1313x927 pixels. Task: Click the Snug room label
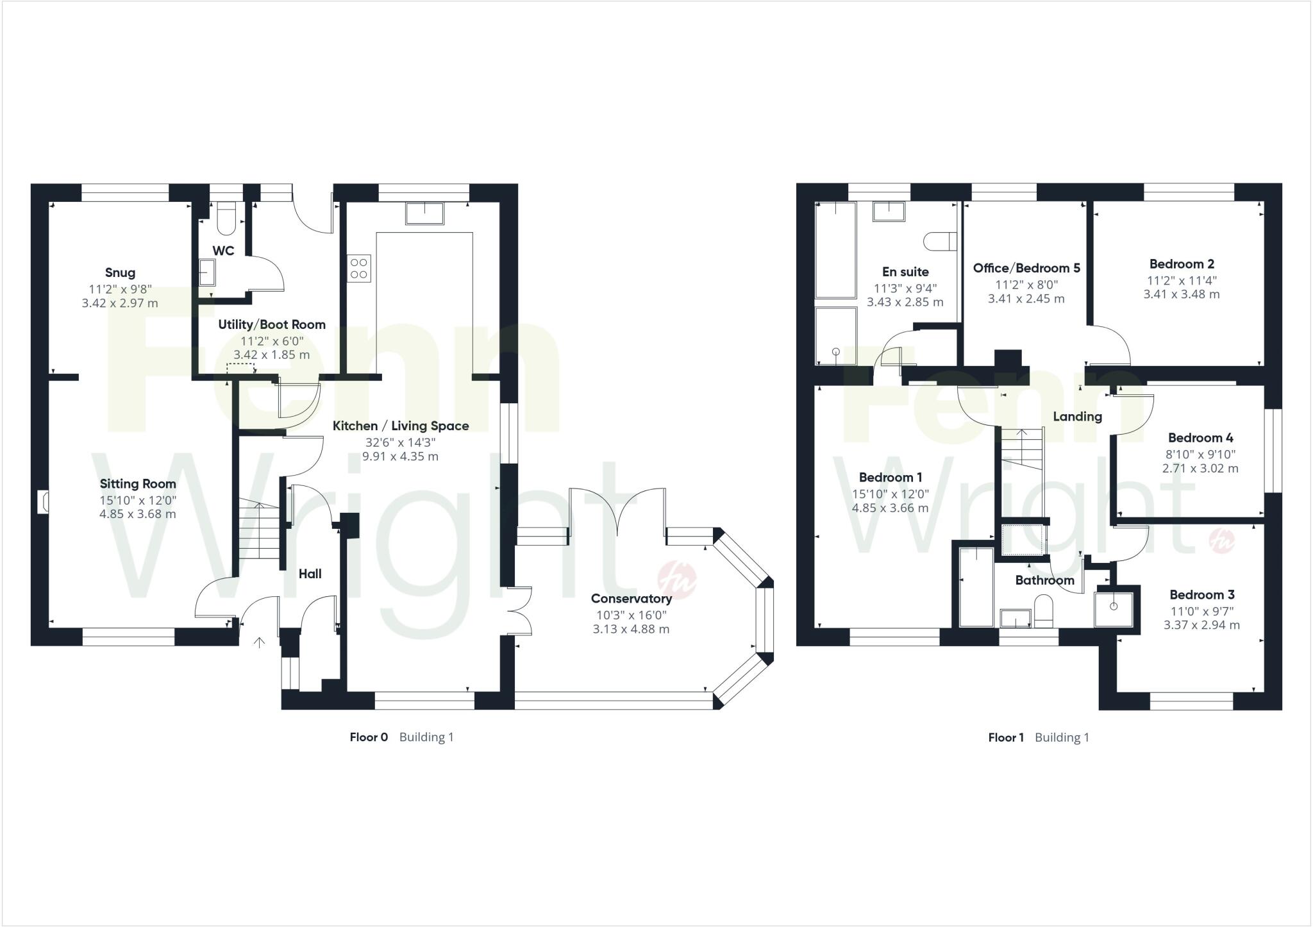[120, 272]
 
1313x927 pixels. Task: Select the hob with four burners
[359, 268]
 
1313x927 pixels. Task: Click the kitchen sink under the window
[424, 213]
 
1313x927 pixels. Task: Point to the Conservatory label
[631, 598]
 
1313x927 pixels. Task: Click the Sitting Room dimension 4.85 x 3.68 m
[137, 514]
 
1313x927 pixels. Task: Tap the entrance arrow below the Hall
[260, 642]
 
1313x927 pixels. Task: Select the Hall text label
[310, 574]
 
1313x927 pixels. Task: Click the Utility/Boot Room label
[272, 324]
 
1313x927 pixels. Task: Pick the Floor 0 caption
[369, 737]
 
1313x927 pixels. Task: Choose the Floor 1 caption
[1006, 737]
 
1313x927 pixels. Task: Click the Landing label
[1077, 417]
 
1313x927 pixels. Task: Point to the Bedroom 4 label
[1200, 438]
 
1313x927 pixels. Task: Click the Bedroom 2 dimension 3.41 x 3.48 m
[1181, 294]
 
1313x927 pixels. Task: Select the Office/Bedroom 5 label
[1026, 268]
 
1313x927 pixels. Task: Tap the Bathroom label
[1044, 580]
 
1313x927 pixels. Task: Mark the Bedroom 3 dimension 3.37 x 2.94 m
[1201, 625]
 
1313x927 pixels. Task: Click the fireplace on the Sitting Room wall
[44, 501]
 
